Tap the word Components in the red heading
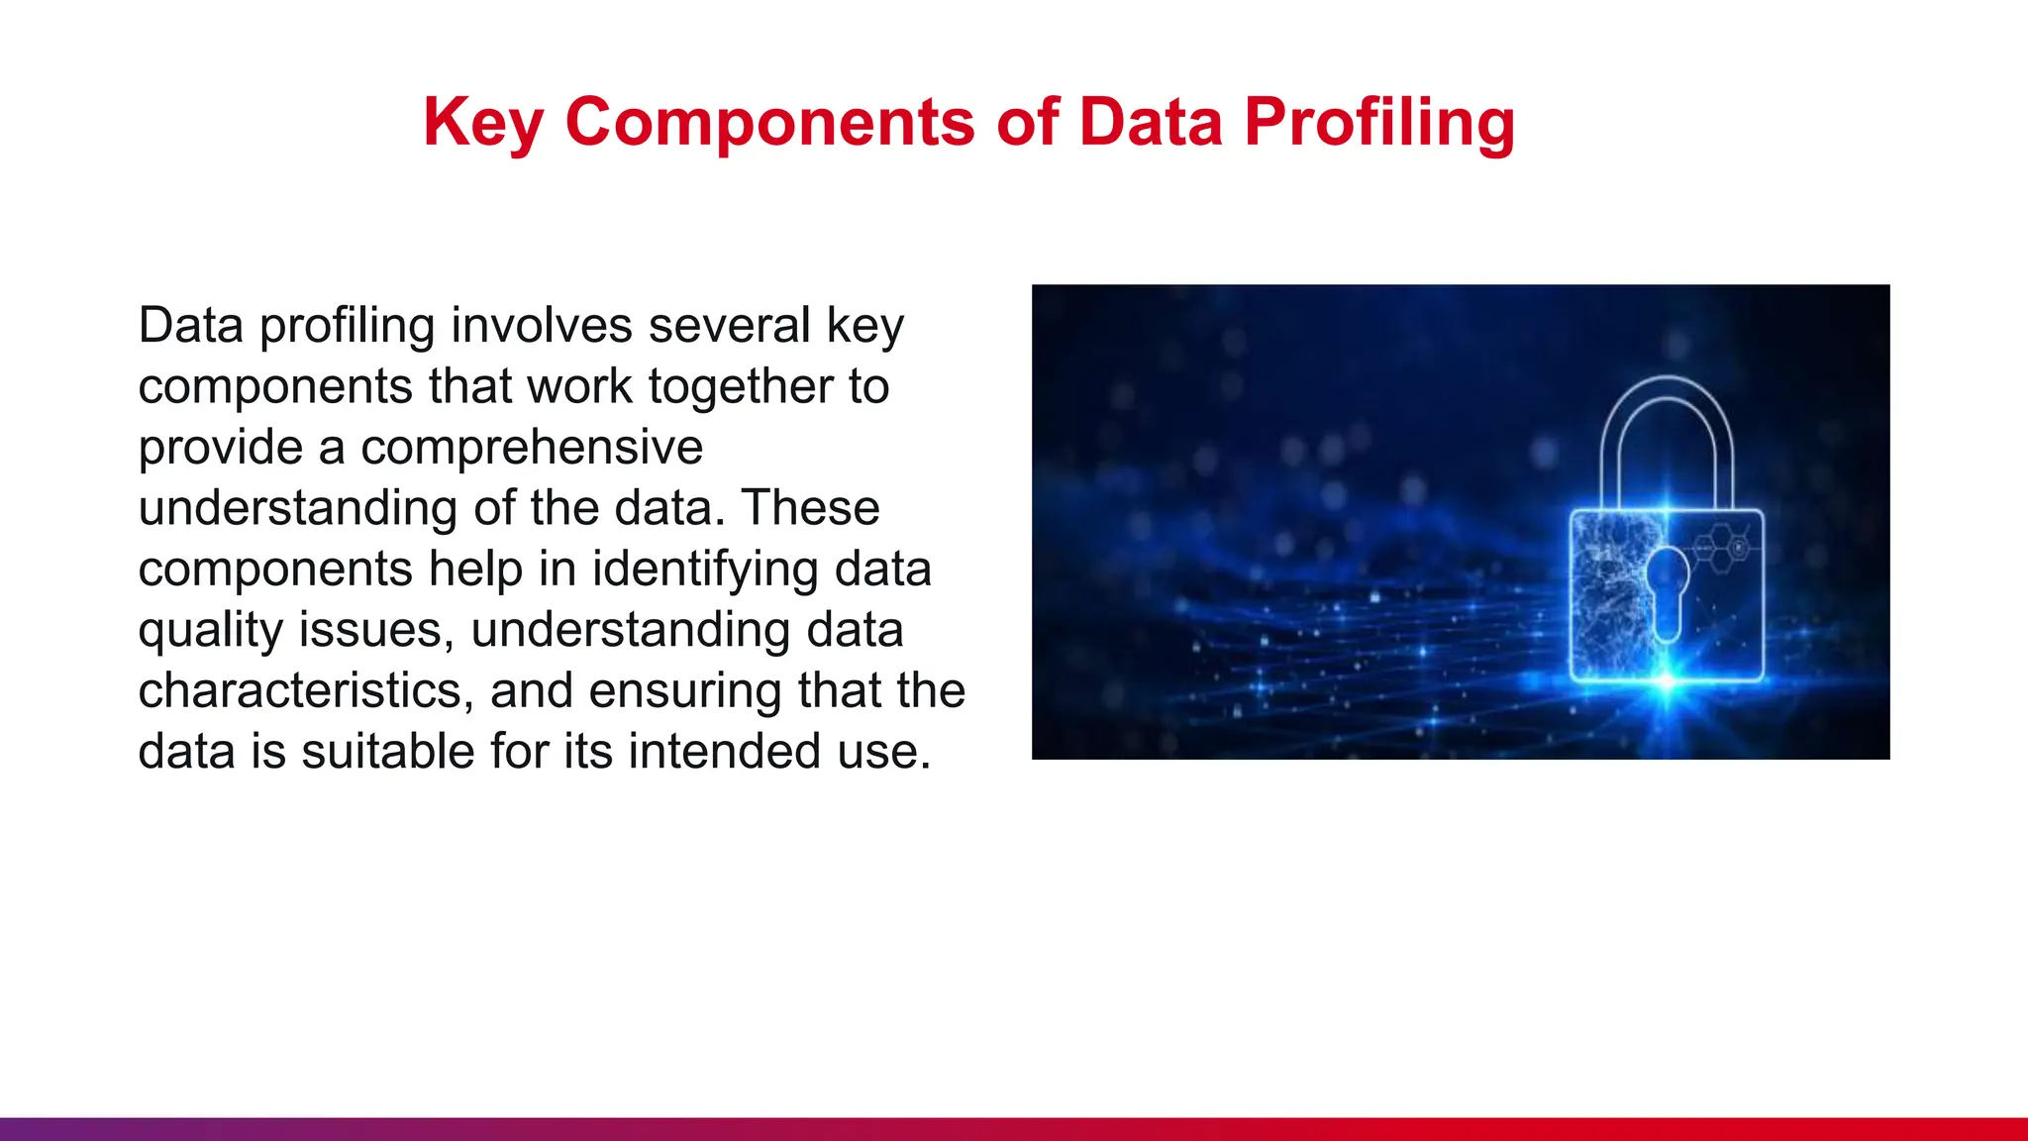click(x=770, y=123)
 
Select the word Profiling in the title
click(x=1379, y=123)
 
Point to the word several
click(x=729, y=326)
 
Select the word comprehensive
click(x=532, y=448)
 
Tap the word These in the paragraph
click(x=810, y=508)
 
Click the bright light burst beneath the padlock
click(x=1668, y=683)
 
